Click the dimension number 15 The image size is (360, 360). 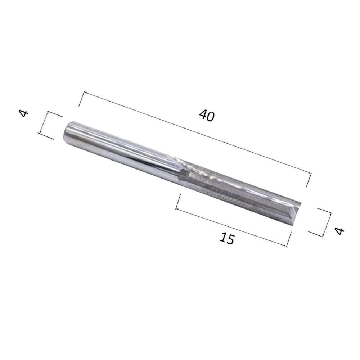227,238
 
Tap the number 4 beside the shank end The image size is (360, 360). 24,114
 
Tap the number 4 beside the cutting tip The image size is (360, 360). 339,230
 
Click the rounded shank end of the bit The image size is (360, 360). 69,133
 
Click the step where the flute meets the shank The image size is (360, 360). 182,174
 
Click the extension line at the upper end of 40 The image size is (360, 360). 82,99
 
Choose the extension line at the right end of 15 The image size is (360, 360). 289,239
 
